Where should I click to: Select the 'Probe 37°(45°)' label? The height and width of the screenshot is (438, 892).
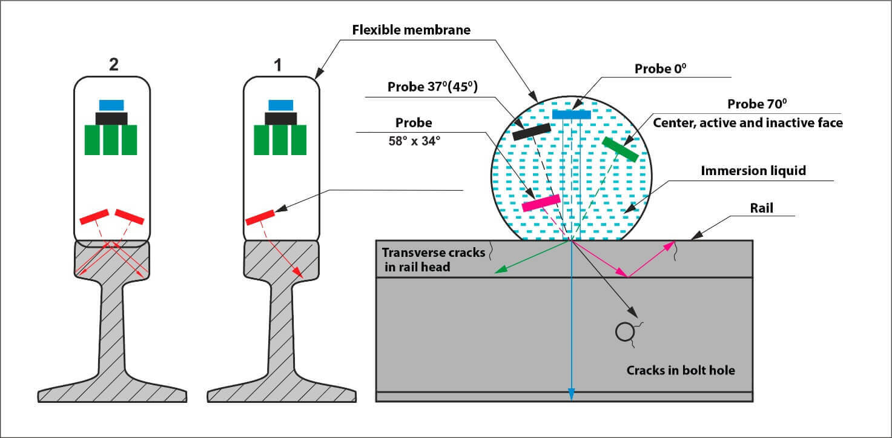pos(432,87)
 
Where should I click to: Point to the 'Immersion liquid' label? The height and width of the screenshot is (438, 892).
pos(753,171)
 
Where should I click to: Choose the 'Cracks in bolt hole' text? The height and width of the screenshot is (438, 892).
pos(681,370)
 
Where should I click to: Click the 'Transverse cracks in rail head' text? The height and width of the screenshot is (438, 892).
pos(432,259)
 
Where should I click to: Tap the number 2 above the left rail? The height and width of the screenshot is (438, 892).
pos(113,65)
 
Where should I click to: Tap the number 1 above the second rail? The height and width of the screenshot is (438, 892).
pos(278,65)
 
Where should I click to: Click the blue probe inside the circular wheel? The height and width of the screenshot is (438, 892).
pos(571,114)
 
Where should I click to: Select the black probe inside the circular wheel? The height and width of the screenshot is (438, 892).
pos(531,131)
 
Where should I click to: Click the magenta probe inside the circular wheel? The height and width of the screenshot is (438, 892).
pos(541,203)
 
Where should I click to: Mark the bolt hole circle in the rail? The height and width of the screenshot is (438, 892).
pos(624,331)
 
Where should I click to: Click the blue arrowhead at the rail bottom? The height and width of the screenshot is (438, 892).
pos(571,395)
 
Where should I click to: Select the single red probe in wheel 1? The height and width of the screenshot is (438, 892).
pos(260,217)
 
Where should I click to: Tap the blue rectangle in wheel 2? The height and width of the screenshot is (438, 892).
pos(111,105)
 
